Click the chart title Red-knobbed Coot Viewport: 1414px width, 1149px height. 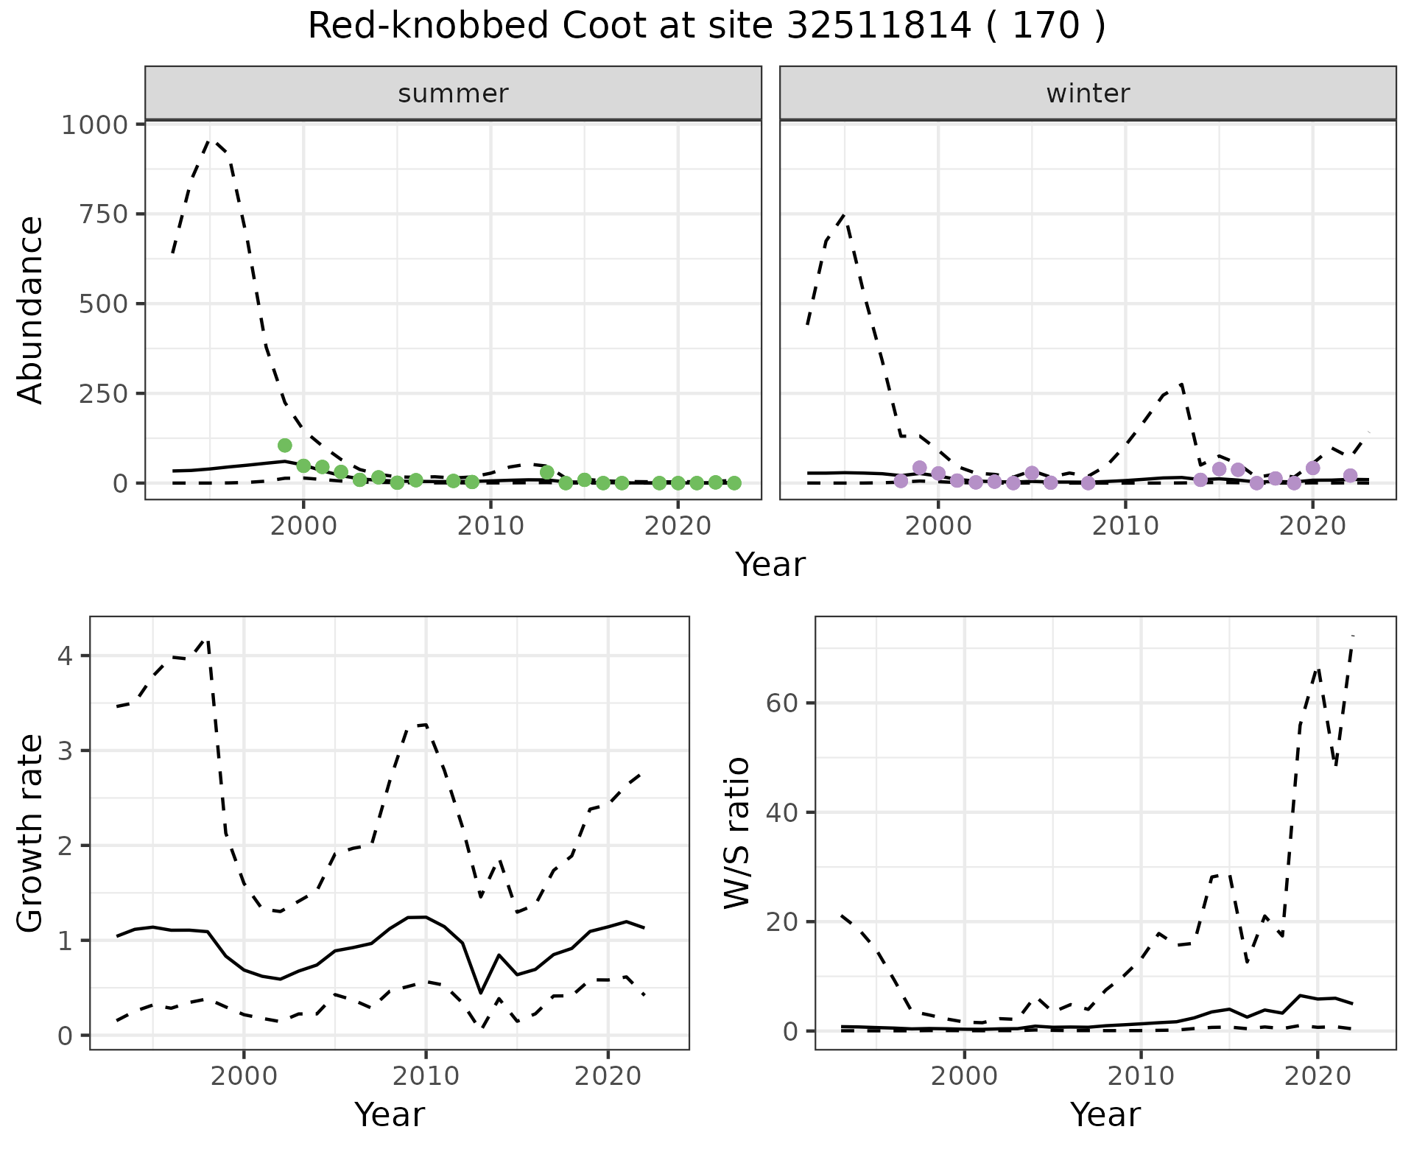pyautogui.click(x=706, y=27)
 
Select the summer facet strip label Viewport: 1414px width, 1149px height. pyautogui.click(x=453, y=94)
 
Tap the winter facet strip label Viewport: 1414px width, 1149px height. pyautogui.click(x=1088, y=94)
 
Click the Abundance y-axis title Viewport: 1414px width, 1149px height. pyautogui.click(x=31, y=309)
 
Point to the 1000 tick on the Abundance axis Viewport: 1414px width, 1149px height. pyautogui.click(x=95, y=124)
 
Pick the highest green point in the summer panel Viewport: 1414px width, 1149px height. pyautogui.click(x=285, y=445)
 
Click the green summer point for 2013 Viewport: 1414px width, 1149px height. pyautogui.click(x=546, y=472)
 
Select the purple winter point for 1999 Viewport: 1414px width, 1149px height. pyautogui.click(x=919, y=468)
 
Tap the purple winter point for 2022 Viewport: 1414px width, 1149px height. pyautogui.click(x=1350, y=476)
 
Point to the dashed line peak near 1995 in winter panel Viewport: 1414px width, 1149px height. pyautogui.click(x=845, y=215)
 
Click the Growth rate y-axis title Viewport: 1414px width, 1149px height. pyautogui.click(x=31, y=834)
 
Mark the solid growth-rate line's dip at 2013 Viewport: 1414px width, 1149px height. pyautogui.click(x=481, y=993)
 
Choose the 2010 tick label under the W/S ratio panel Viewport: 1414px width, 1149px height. pyautogui.click(x=1141, y=1077)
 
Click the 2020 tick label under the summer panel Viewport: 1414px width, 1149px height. pyautogui.click(x=678, y=527)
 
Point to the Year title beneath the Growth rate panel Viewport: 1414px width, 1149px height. pyautogui.click(x=390, y=1115)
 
